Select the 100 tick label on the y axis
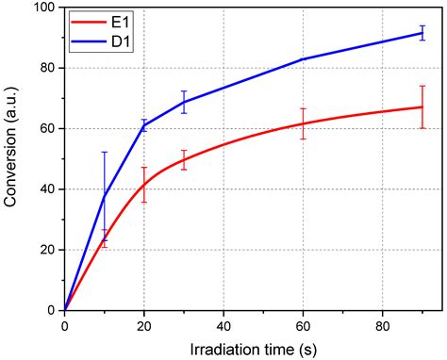(41, 8)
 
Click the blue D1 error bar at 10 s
(105, 195)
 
